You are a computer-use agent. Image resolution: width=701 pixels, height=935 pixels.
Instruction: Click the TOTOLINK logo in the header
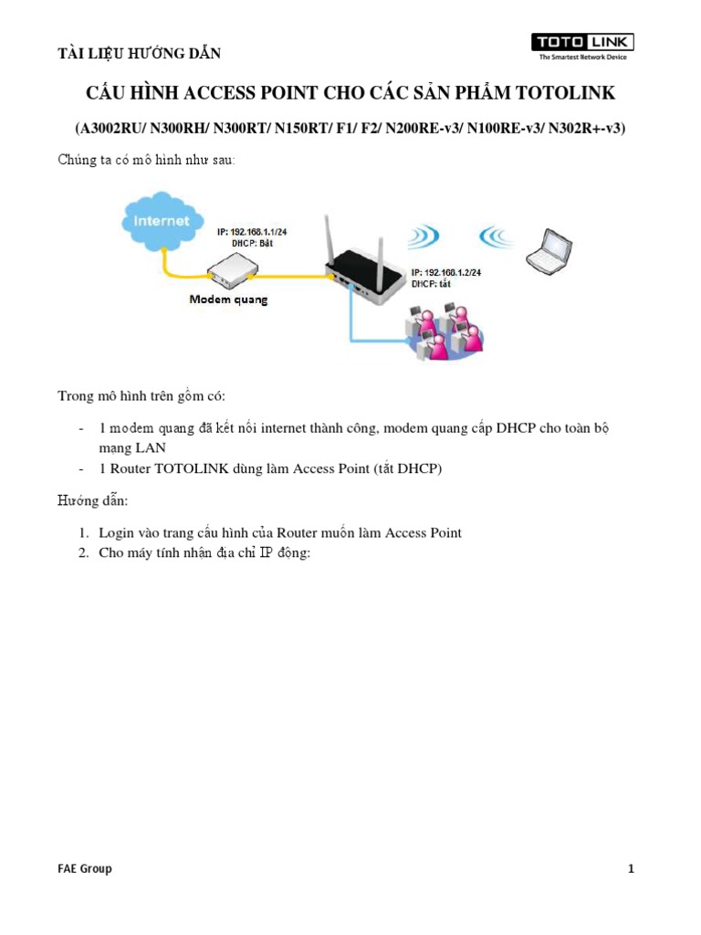583,46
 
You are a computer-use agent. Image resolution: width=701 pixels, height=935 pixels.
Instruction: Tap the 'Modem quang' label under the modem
228,299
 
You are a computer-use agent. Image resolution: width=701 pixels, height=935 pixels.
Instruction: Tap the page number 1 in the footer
631,868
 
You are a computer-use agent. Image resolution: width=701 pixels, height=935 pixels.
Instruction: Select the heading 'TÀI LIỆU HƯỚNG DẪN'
140,53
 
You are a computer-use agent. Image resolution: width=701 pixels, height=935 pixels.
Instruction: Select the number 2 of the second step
81,554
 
